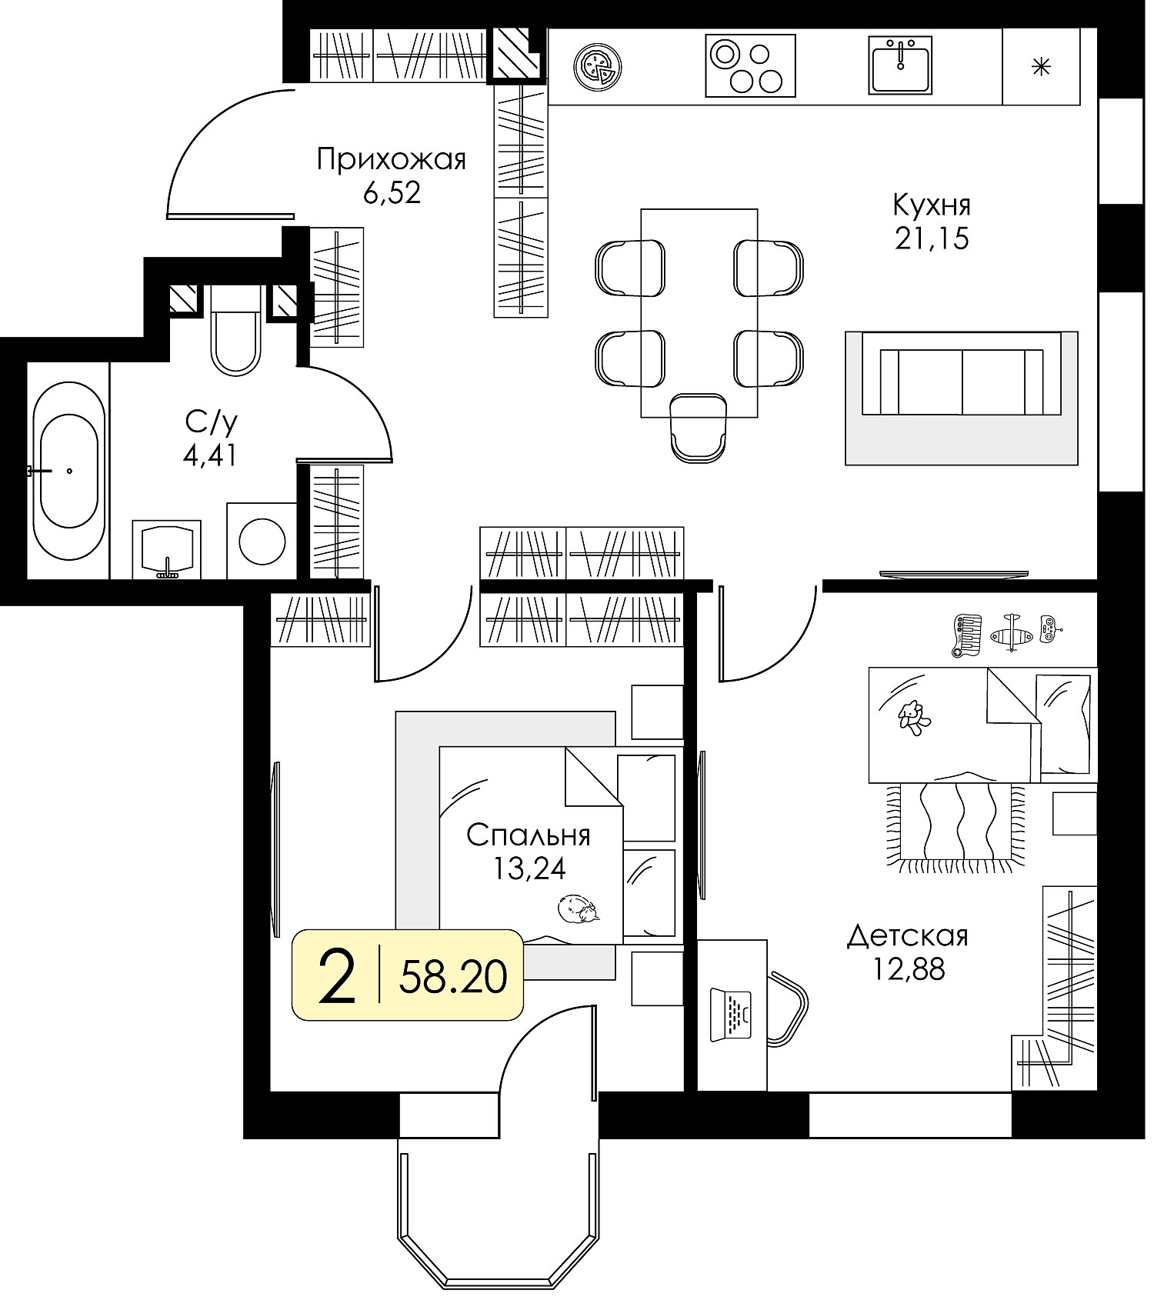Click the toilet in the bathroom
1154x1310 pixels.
tap(235, 331)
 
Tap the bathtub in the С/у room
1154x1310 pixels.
tap(68, 471)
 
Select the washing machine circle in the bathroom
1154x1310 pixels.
tap(262, 541)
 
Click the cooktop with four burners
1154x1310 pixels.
tap(750, 65)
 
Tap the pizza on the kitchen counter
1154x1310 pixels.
tap(598, 65)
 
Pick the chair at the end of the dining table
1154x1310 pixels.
tap(698, 427)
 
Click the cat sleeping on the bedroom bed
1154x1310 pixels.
tap(579, 908)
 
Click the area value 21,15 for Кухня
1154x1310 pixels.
tap(931, 239)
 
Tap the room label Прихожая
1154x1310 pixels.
tap(392, 160)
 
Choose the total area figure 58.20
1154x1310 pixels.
tap(453, 978)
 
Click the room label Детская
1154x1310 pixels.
tap(908, 936)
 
